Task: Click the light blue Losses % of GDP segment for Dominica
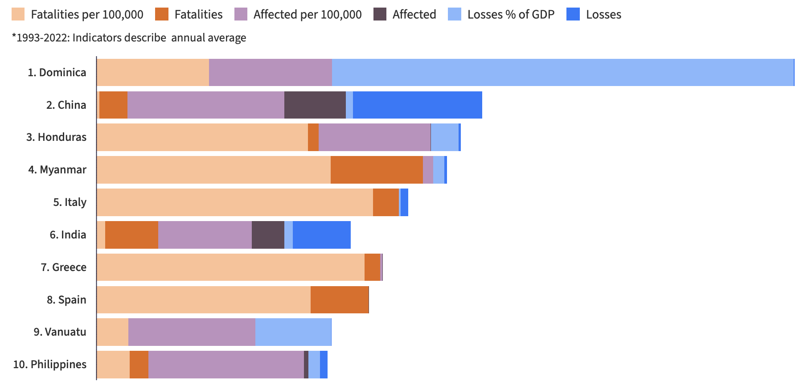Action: (x=562, y=72)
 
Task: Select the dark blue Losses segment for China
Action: (x=417, y=105)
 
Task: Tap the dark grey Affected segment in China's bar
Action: (x=315, y=105)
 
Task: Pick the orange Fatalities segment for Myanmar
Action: (x=377, y=169)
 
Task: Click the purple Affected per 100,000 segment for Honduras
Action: (x=374, y=137)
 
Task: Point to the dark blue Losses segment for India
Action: (x=321, y=234)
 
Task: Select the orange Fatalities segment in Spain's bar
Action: (x=340, y=300)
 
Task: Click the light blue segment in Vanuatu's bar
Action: (x=293, y=332)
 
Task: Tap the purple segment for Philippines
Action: (x=226, y=365)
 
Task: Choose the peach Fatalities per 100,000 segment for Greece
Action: (x=230, y=267)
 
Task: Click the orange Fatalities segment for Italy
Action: (x=385, y=202)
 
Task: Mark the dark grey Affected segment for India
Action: (x=268, y=234)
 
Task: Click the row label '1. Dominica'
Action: (x=57, y=72)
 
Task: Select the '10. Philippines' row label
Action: (x=49, y=365)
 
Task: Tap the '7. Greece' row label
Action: (x=63, y=267)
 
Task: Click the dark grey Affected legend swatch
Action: (x=380, y=14)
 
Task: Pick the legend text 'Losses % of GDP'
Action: (x=511, y=14)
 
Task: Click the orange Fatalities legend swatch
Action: (x=162, y=14)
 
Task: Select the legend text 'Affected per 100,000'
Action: (x=308, y=14)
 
